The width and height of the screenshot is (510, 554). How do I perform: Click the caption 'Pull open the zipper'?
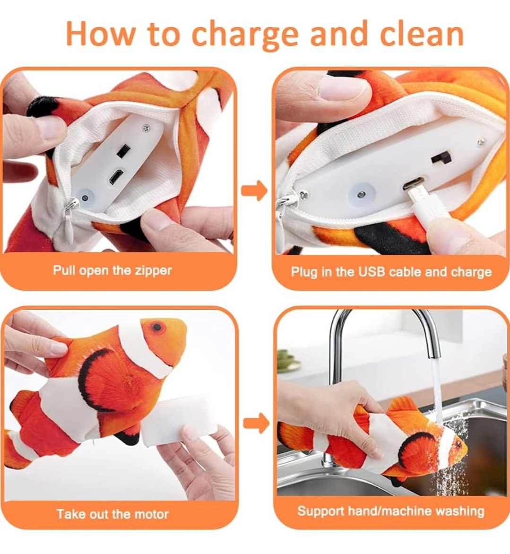click(112, 271)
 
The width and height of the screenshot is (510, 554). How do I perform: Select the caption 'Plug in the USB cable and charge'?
click(391, 272)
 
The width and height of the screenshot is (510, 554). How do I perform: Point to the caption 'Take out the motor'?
click(112, 514)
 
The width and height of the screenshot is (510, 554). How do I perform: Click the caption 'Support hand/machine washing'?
click(390, 511)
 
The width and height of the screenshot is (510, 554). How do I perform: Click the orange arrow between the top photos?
click(254, 190)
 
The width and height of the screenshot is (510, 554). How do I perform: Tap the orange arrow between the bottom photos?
click(256, 423)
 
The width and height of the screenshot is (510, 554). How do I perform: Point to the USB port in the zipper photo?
click(116, 177)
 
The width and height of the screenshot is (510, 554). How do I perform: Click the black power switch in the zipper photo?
click(122, 150)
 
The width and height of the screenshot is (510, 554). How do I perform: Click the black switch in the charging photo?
click(441, 157)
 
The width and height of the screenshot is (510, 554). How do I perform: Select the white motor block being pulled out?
click(180, 419)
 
